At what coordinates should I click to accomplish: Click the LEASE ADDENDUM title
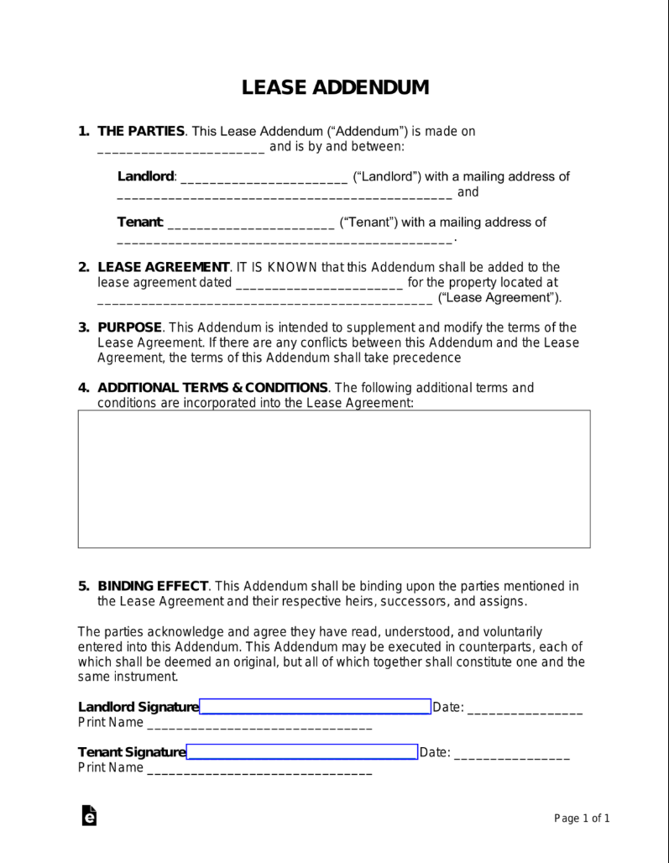(x=335, y=88)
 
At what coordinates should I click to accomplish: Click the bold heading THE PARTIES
(x=141, y=131)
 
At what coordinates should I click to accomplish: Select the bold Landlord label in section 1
(x=146, y=176)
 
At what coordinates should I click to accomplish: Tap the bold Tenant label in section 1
(x=140, y=222)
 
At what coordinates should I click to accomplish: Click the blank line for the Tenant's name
(x=251, y=225)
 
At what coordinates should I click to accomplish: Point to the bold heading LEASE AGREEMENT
(x=163, y=268)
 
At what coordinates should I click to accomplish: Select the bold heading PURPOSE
(x=128, y=327)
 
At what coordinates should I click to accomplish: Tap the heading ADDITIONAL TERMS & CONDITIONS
(x=212, y=388)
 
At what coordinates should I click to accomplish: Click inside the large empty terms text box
(x=334, y=479)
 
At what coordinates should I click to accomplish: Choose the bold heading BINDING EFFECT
(x=153, y=586)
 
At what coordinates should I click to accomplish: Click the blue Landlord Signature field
(x=315, y=706)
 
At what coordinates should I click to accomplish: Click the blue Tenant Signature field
(x=302, y=751)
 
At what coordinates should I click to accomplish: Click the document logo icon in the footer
(x=89, y=816)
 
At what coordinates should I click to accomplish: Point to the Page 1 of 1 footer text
(x=582, y=819)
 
